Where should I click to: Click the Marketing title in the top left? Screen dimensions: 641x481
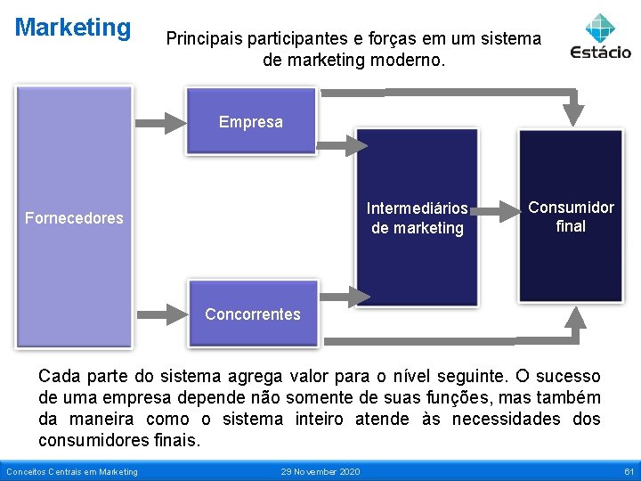(x=73, y=28)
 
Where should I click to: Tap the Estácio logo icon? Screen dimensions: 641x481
(x=601, y=26)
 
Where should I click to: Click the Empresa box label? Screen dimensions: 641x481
(x=251, y=122)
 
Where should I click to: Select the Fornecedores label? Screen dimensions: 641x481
(x=74, y=218)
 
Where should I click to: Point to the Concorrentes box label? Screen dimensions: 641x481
(x=253, y=314)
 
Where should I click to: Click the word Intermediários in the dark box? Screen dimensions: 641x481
(x=418, y=208)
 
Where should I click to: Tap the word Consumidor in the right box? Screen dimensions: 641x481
(x=571, y=208)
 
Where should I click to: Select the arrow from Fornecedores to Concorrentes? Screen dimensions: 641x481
(x=158, y=313)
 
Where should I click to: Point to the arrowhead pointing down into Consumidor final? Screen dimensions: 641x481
(x=574, y=111)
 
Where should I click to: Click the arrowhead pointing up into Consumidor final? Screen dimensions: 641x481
(x=574, y=319)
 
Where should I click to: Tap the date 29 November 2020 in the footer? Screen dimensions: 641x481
(x=320, y=471)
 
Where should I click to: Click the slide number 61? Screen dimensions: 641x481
(x=629, y=471)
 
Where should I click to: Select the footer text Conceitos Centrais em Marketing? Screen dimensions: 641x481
(x=72, y=471)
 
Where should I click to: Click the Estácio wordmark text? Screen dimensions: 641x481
(x=601, y=52)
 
